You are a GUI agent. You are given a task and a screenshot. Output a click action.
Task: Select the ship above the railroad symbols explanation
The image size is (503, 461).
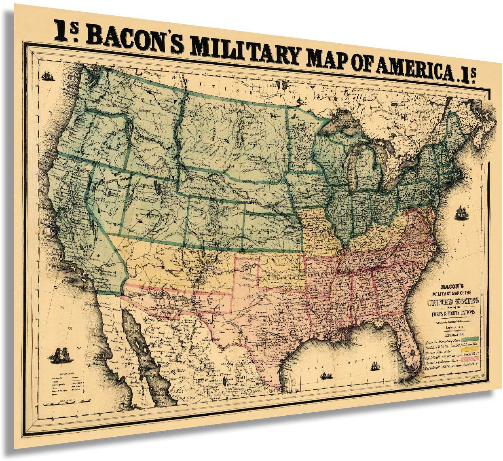click(x=59, y=355)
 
